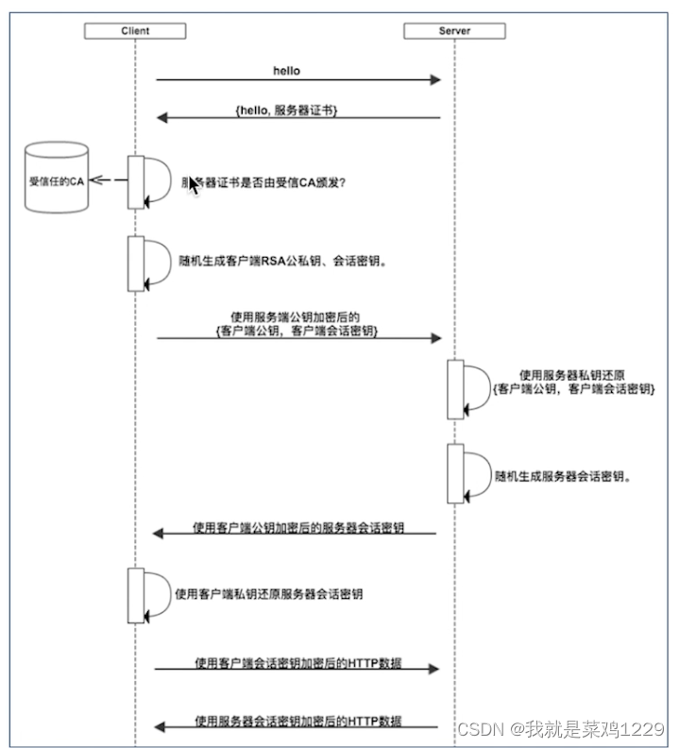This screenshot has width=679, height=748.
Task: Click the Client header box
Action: [x=135, y=31]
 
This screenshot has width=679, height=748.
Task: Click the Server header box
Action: [x=454, y=31]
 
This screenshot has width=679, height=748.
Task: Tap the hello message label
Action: [x=287, y=70]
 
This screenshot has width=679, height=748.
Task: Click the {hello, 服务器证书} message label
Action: [x=286, y=110]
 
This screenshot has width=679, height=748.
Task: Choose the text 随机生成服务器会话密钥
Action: [x=563, y=477]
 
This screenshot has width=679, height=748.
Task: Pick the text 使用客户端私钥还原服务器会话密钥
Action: [x=269, y=595]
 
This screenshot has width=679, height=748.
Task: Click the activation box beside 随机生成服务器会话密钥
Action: [x=455, y=472]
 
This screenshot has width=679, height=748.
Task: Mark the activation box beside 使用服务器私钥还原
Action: [x=455, y=388]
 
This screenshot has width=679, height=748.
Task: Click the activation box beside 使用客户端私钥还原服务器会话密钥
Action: [x=136, y=595]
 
